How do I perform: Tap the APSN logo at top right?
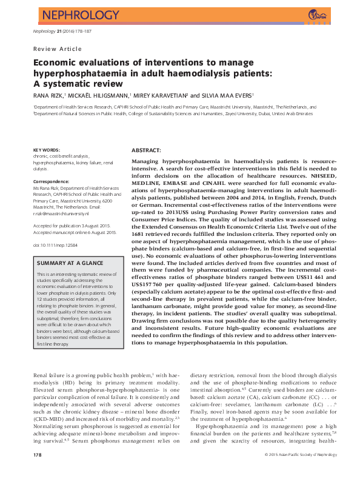316,15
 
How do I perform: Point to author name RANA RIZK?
49,95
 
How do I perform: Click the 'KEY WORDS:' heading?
47,149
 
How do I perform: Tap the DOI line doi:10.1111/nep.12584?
56,244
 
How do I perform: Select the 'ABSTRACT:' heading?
146,150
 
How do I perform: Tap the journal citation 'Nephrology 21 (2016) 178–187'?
59,31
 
